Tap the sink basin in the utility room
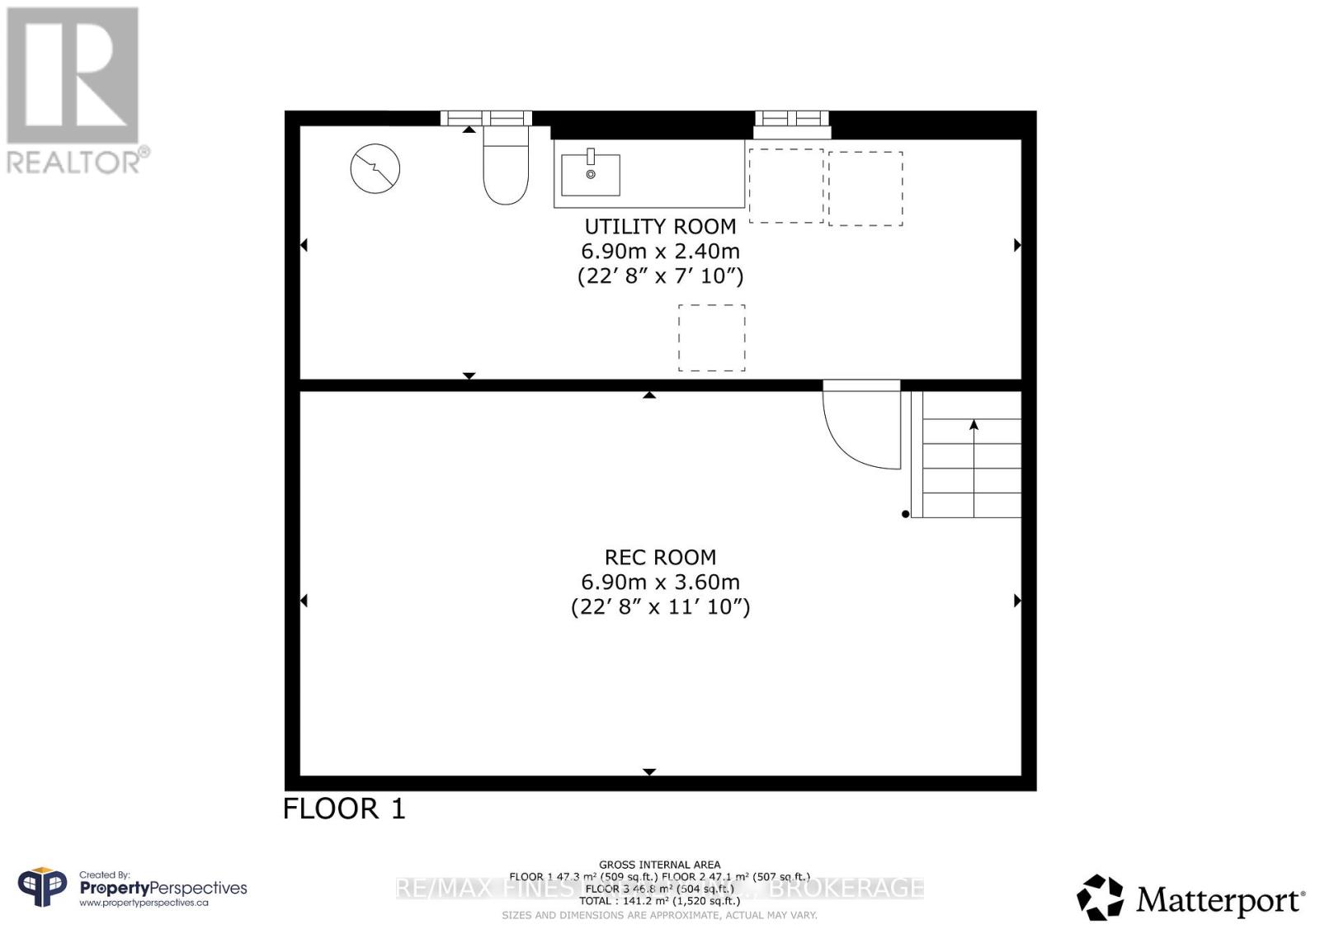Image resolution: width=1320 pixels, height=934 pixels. click(590, 175)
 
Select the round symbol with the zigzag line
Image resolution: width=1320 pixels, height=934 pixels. click(375, 168)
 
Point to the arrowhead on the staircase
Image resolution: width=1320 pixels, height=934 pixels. click(973, 425)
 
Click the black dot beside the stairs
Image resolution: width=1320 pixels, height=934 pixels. click(905, 514)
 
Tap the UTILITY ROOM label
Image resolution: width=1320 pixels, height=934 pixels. click(660, 226)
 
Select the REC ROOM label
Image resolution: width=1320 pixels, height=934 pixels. click(660, 557)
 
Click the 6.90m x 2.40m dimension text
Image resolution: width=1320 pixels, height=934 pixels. click(660, 251)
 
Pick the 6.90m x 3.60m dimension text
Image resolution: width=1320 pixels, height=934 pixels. click(660, 582)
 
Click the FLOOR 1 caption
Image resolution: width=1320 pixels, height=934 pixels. click(344, 809)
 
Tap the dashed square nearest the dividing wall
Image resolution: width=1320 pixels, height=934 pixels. click(711, 337)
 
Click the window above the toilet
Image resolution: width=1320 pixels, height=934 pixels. click(485, 118)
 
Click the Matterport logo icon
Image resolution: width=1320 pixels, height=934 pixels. click(1100, 897)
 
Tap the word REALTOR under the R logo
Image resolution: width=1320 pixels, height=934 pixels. click(74, 162)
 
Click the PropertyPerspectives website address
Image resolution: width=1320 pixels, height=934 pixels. click(144, 903)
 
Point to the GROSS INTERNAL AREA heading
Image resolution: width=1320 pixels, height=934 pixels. click(659, 865)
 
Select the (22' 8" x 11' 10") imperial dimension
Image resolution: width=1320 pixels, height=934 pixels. click(660, 606)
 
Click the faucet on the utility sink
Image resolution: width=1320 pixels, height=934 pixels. click(591, 156)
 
